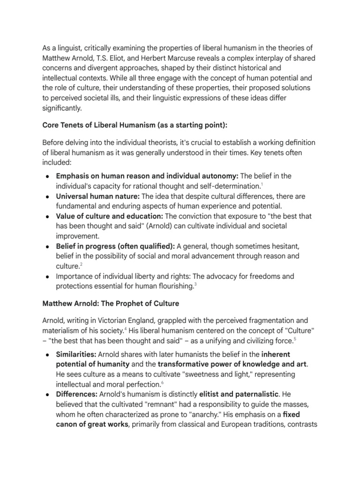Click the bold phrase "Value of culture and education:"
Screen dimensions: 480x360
[109, 216]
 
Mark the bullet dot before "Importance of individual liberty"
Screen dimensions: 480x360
[49, 277]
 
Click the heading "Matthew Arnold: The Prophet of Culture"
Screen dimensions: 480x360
[111, 303]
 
